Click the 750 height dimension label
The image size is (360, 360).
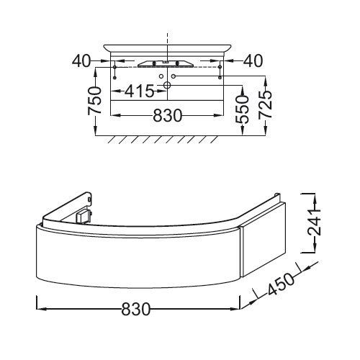(x=94, y=101)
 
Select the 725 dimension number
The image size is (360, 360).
(x=265, y=105)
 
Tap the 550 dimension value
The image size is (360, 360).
(x=241, y=109)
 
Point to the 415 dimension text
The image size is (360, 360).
(x=139, y=91)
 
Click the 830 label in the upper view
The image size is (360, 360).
(x=168, y=116)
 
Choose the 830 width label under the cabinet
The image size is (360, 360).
(x=136, y=309)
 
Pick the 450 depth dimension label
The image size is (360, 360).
(x=280, y=284)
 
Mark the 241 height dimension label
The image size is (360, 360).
(x=314, y=222)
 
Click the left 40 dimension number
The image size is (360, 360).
(x=81, y=61)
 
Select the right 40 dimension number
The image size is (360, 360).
(x=253, y=61)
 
